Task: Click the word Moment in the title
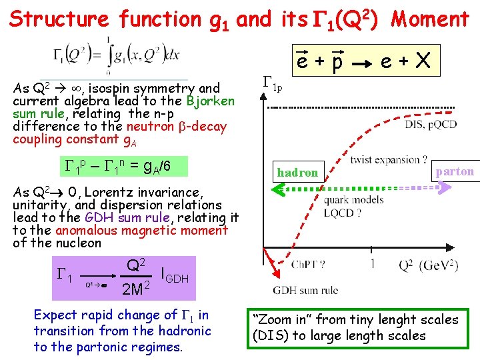[430, 19]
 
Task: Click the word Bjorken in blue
[211, 101]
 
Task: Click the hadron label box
[298, 173]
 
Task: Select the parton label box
[455, 171]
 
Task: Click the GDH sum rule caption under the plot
[305, 290]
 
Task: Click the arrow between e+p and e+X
[361, 65]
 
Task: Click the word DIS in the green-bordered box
[269, 335]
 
